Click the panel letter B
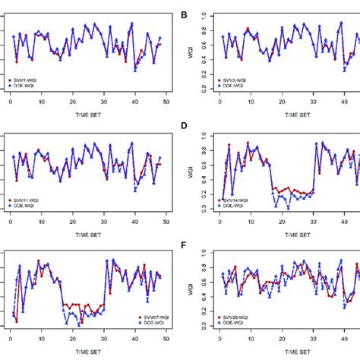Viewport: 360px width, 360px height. pyautogui.click(x=185, y=14)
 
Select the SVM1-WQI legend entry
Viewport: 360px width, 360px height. pyautogui.click(x=30, y=77)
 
